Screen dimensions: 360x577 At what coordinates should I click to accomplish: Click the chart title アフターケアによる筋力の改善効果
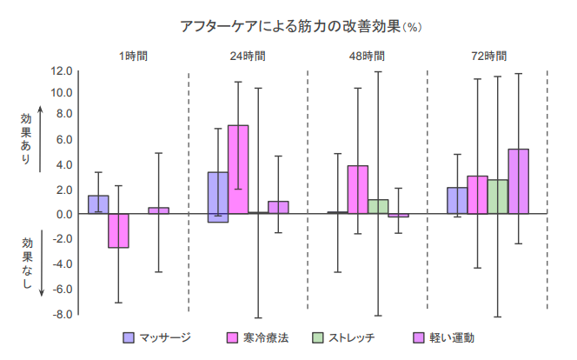[288, 26]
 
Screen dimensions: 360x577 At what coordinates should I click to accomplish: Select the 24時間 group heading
[248, 56]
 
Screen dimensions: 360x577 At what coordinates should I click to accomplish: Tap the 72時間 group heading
[487, 56]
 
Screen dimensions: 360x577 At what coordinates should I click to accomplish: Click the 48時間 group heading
[367, 56]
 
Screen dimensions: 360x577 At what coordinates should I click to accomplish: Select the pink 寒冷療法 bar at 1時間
[118, 230]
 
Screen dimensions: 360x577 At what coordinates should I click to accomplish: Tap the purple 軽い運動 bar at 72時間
[518, 181]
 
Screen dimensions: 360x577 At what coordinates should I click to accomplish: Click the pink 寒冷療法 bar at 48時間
[358, 190]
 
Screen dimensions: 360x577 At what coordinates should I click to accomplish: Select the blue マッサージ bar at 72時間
[457, 201]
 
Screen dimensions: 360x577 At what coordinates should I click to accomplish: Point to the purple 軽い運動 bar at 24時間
[278, 208]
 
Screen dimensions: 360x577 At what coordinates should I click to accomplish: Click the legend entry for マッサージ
[157, 337]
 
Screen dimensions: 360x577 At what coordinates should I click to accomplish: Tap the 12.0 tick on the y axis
[63, 70]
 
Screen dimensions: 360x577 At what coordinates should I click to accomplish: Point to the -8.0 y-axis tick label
[61, 314]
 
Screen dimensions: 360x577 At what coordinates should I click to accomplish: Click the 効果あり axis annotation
[26, 133]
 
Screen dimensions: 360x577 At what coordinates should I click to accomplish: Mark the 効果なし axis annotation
[26, 264]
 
